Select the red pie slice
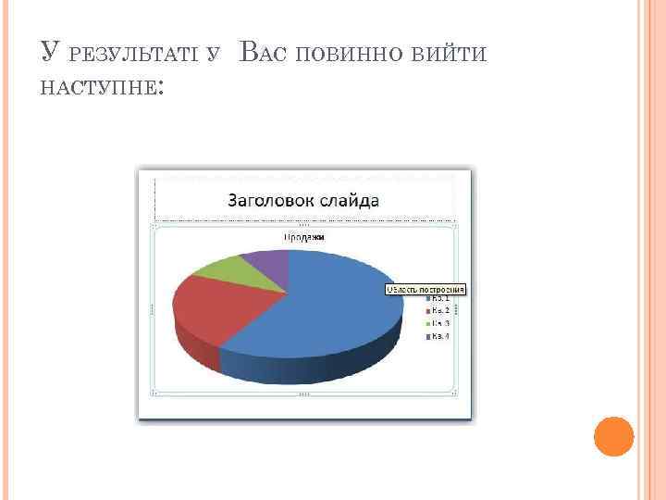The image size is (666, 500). (x=211, y=306)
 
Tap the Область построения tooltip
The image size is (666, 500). (x=425, y=289)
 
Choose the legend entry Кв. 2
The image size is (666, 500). (x=438, y=310)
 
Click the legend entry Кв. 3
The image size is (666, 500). (x=438, y=323)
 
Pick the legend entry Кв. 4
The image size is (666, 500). (x=438, y=336)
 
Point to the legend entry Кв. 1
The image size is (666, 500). (x=438, y=298)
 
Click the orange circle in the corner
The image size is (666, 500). (x=613, y=436)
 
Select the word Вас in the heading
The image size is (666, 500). (x=262, y=52)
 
